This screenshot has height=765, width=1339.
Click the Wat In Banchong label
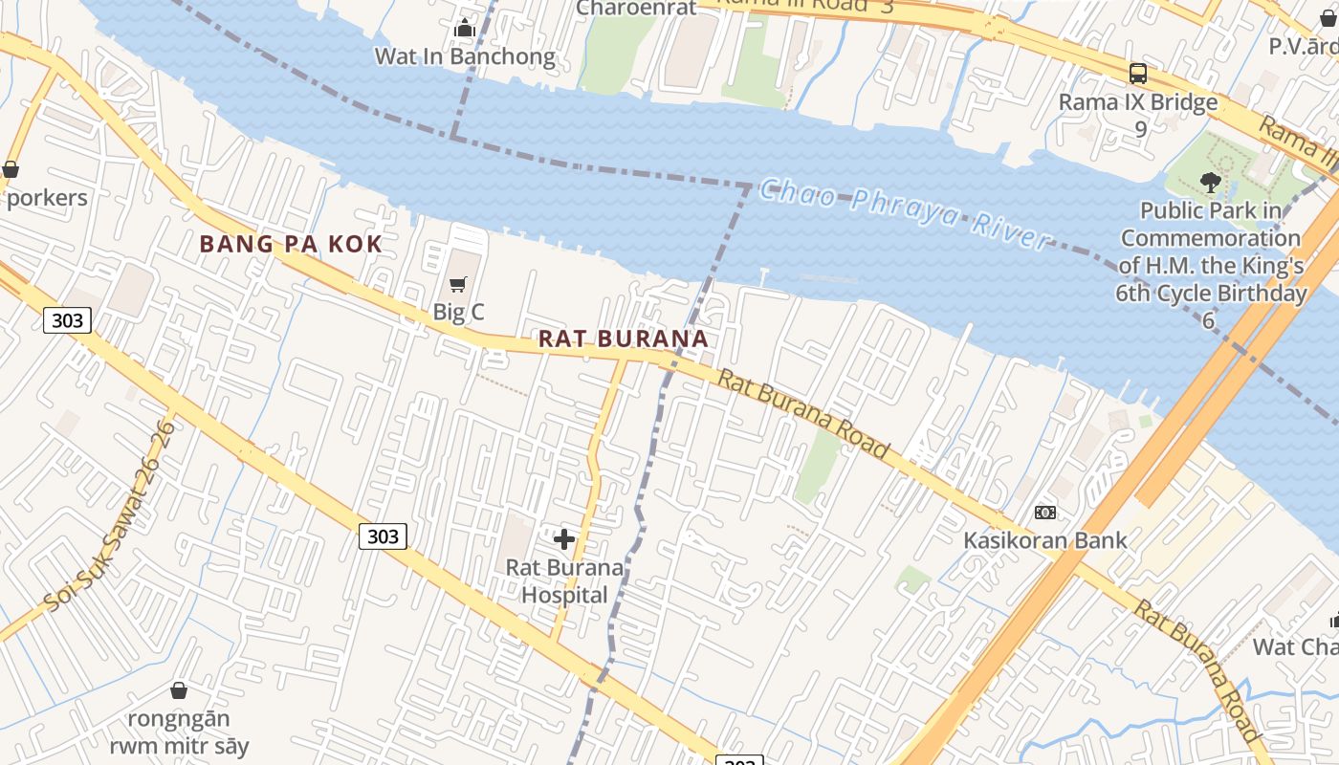click(x=465, y=56)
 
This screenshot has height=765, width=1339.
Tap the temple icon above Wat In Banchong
click(x=465, y=29)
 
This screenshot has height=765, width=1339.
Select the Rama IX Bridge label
click(x=1138, y=102)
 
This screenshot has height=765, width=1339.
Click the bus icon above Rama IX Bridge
click(x=1138, y=73)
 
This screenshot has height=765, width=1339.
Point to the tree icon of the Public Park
click(x=1210, y=182)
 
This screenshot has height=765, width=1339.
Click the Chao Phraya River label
click(x=905, y=214)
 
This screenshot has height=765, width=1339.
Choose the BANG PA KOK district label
click(x=291, y=244)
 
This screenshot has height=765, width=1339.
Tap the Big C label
click(x=459, y=312)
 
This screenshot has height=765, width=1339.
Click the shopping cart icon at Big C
click(x=458, y=284)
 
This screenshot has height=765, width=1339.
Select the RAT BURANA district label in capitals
click(x=624, y=339)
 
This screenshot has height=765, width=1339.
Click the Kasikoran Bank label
click(x=1045, y=540)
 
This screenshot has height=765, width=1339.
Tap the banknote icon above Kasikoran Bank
click(x=1045, y=513)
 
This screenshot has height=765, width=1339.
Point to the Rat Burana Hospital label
click(x=564, y=581)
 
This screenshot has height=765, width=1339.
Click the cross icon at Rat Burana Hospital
click(x=564, y=539)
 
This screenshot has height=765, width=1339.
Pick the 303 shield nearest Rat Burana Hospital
click(x=383, y=536)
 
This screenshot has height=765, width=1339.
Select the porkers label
click(x=47, y=198)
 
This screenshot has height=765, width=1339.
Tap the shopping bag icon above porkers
click(x=11, y=170)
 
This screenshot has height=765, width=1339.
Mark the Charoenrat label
click(x=637, y=9)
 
